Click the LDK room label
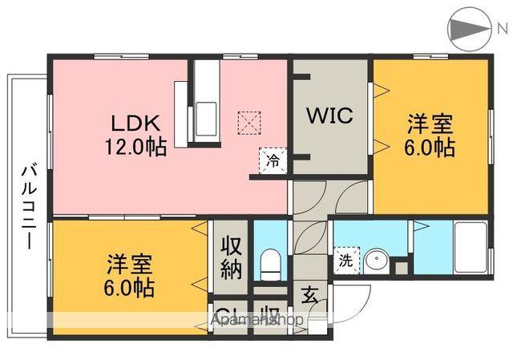click(136, 124)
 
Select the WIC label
click(328, 115)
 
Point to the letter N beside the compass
click(502, 30)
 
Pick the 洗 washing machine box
click(344, 261)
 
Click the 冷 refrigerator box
click(273, 161)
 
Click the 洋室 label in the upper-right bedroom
click(430, 125)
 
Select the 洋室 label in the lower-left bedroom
click(128, 264)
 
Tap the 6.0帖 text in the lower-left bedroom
click(128, 286)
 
